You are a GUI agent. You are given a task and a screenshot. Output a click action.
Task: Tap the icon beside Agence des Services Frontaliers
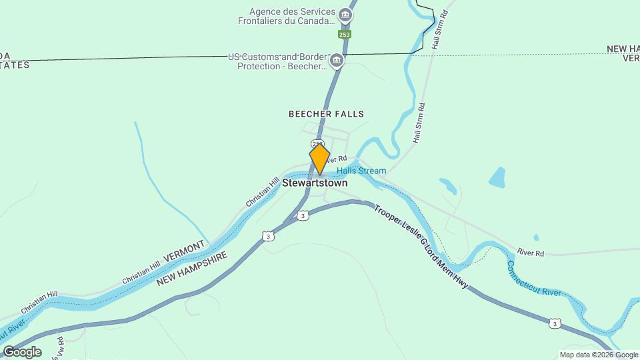(x=345, y=15)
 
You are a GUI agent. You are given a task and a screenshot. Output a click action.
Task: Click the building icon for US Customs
(x=337, y=61)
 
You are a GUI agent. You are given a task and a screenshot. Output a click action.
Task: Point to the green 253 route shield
(x=344, y=33)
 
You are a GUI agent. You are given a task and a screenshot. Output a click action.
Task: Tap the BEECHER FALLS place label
(x=326, y=114)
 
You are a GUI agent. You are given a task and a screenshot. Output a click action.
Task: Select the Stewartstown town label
(x=315, y=183)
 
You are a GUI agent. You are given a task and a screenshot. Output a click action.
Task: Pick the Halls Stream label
(x=361, y=171)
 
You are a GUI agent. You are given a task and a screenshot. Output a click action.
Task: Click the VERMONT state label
(x=184, y=252)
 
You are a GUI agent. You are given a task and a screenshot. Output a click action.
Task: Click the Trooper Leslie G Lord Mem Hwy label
(x=421, y=247)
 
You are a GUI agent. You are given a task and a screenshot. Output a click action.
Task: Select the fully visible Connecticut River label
(x=534, y=279)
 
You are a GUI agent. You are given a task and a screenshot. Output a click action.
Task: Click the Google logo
(x=21, y=352)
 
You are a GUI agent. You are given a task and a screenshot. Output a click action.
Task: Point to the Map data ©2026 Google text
(x=599, y=355)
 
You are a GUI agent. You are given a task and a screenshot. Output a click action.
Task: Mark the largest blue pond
(x=497, y=177)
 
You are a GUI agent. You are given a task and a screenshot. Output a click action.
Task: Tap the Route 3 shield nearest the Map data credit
(x=555, y=323)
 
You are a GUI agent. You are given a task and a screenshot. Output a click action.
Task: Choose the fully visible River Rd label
(x=531, y=253)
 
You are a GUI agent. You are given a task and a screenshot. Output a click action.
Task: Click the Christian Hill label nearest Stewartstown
(x=262, y=192)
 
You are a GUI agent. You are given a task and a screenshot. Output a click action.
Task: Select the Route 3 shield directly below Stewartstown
(x=303, y=215)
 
